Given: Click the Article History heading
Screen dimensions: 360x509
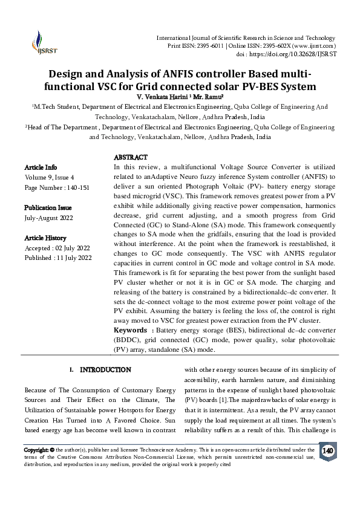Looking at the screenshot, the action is [x=45, y=238].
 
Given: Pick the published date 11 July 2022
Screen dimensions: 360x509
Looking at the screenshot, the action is [x=74, y=258].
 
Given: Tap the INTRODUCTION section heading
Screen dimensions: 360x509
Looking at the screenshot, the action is [x=105, y=369].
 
